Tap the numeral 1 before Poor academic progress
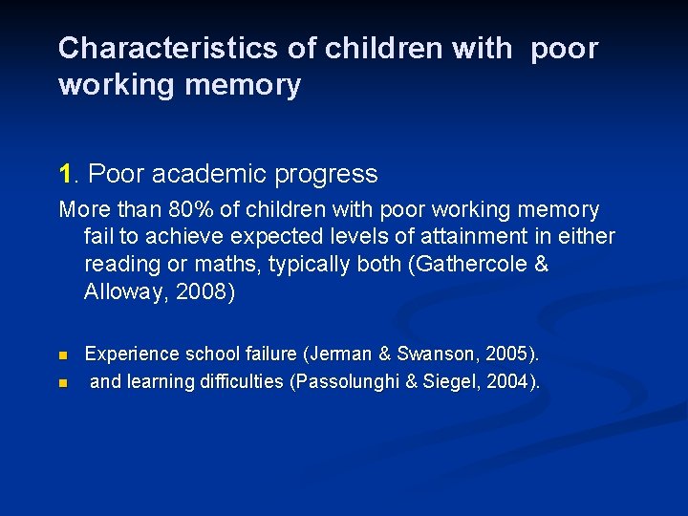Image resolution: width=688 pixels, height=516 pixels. pyautogui.click(x=65, y=174)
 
